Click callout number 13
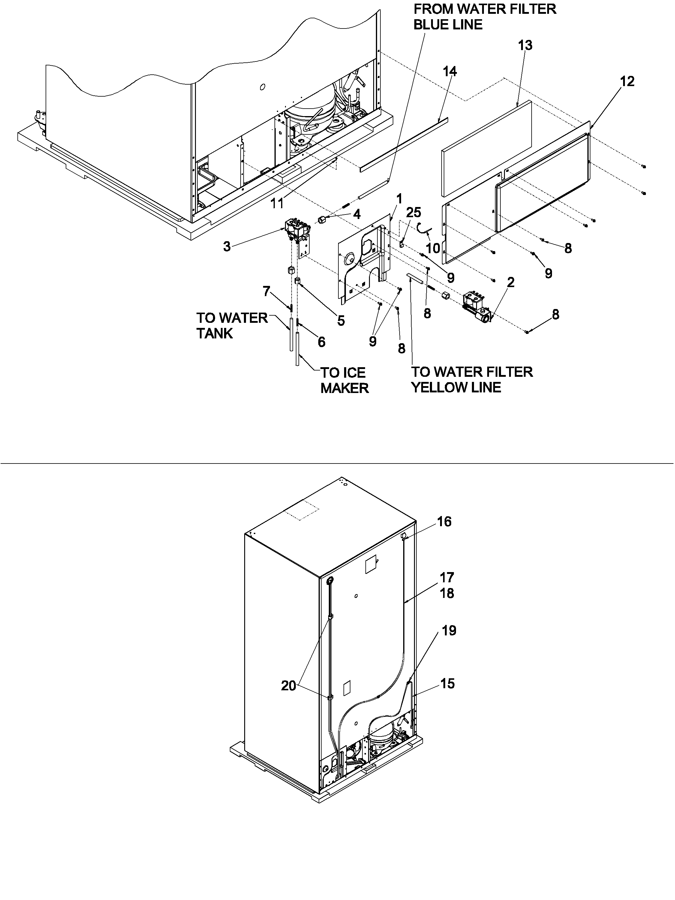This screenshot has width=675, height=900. pos(525,46)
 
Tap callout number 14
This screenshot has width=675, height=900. pos(450,72)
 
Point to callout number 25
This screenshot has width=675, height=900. pos(414,212)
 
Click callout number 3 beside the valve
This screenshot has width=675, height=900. pos(226,246)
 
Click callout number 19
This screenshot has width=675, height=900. pos(449,631)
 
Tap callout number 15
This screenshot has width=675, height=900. pos(447,683)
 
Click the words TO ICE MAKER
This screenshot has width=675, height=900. pos(344,380)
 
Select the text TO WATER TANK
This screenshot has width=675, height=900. pos(232,325)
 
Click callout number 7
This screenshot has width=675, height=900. pos(266,291)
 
